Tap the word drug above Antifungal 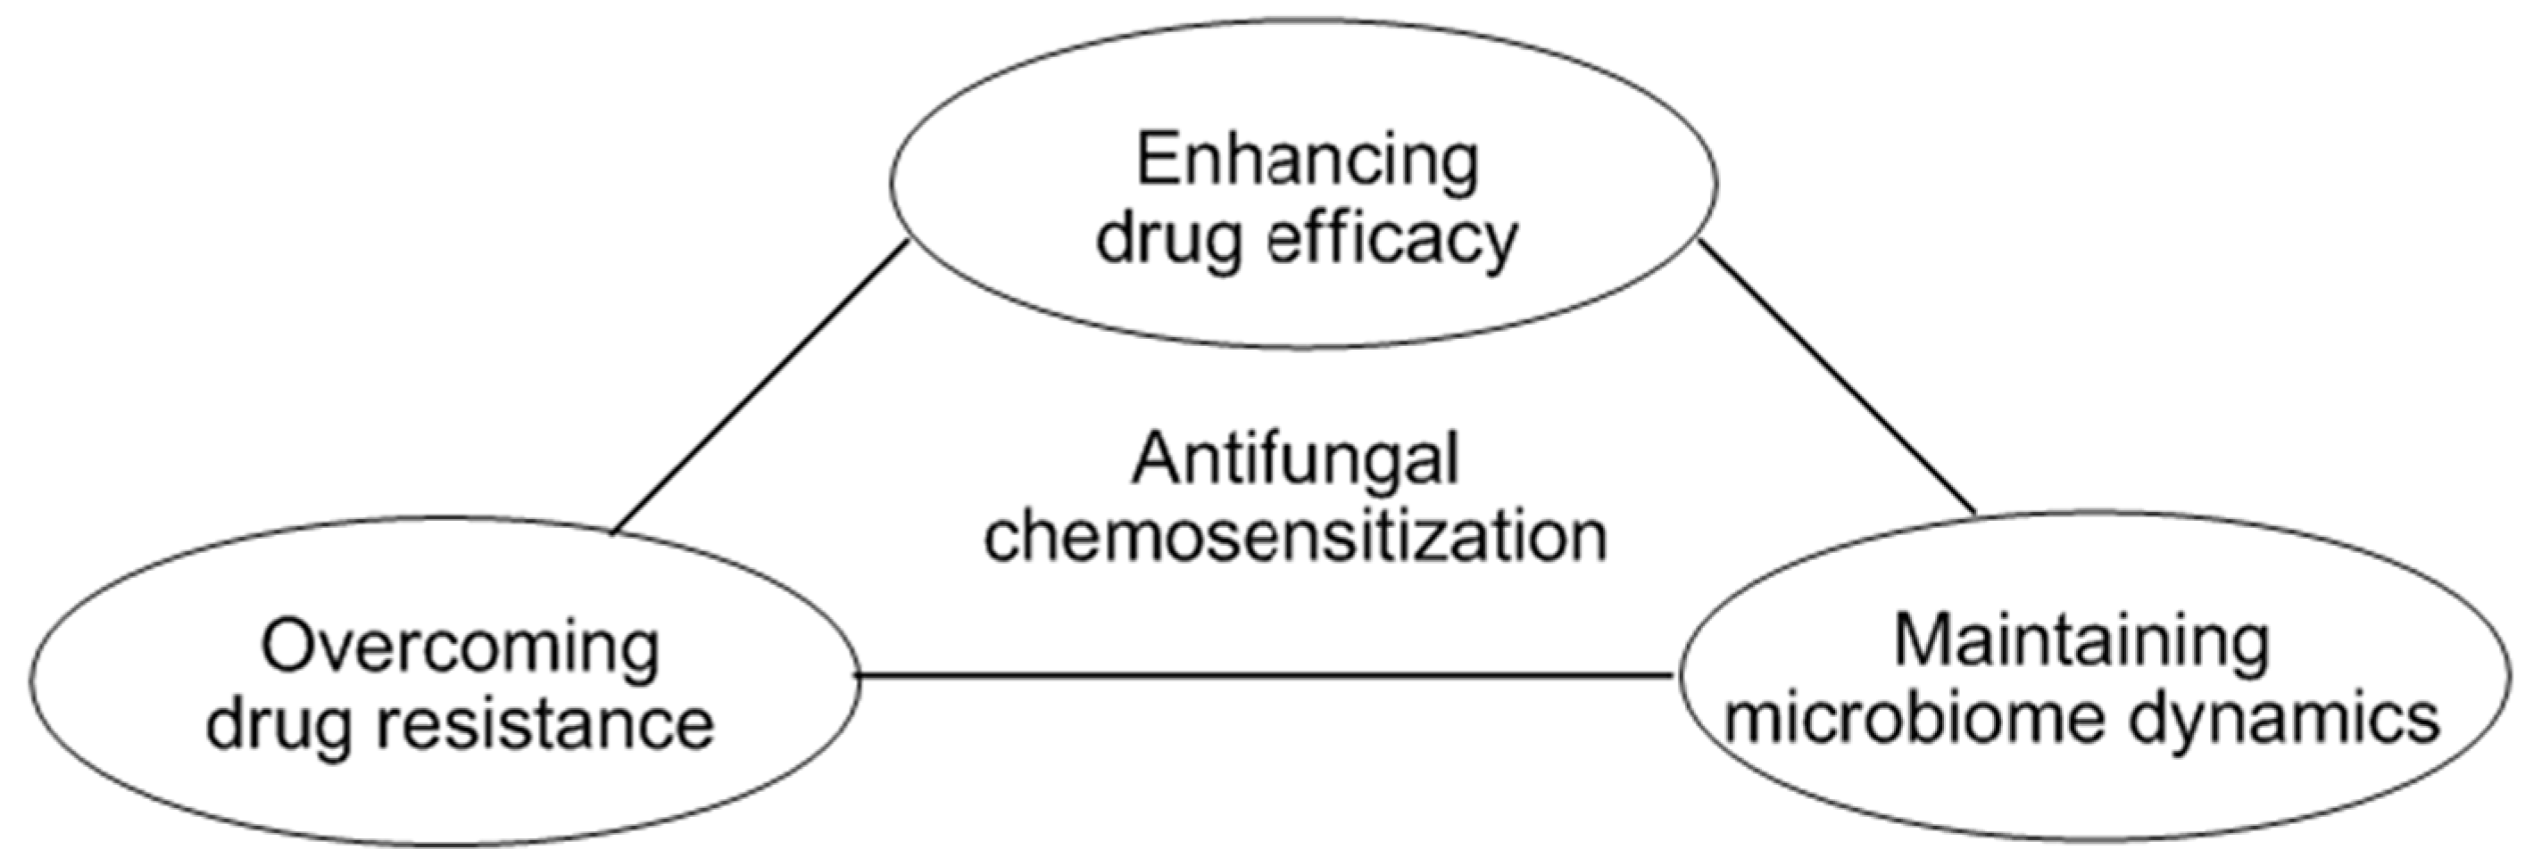point(1168,240)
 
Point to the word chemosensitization point(1296,538)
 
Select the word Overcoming point(460,649)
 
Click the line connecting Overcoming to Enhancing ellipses point(760,388)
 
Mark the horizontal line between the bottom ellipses point(1263,676)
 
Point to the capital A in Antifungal point(1157,459)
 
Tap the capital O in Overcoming point(289,648)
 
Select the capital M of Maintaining point(1925,641)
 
